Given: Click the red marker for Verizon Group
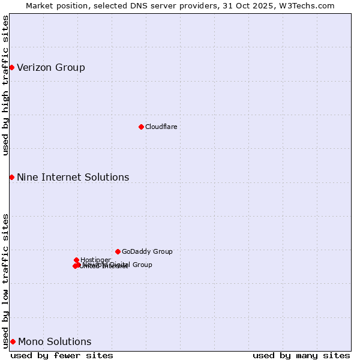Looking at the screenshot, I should pos(11,67).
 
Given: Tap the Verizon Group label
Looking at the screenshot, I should pos(51,67).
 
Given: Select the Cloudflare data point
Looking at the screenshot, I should pos(141,127).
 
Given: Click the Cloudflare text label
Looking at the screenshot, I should pos(161,127).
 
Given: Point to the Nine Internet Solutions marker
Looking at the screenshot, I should pos(11,177).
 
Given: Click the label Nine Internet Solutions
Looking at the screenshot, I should pos(73,177).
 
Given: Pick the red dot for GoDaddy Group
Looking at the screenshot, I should pos(118,251).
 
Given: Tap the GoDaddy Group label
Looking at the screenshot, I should pos(147,251).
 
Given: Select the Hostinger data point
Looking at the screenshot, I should pos(76,260).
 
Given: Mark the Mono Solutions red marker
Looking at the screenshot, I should pos(13,341).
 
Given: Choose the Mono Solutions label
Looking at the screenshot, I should pos(55,341).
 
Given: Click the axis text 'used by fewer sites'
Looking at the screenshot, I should pos(62,355).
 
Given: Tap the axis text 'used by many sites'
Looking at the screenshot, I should pos(301,355).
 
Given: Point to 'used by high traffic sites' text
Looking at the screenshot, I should pos(5,85).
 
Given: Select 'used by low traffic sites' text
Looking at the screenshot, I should pos(5,280).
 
